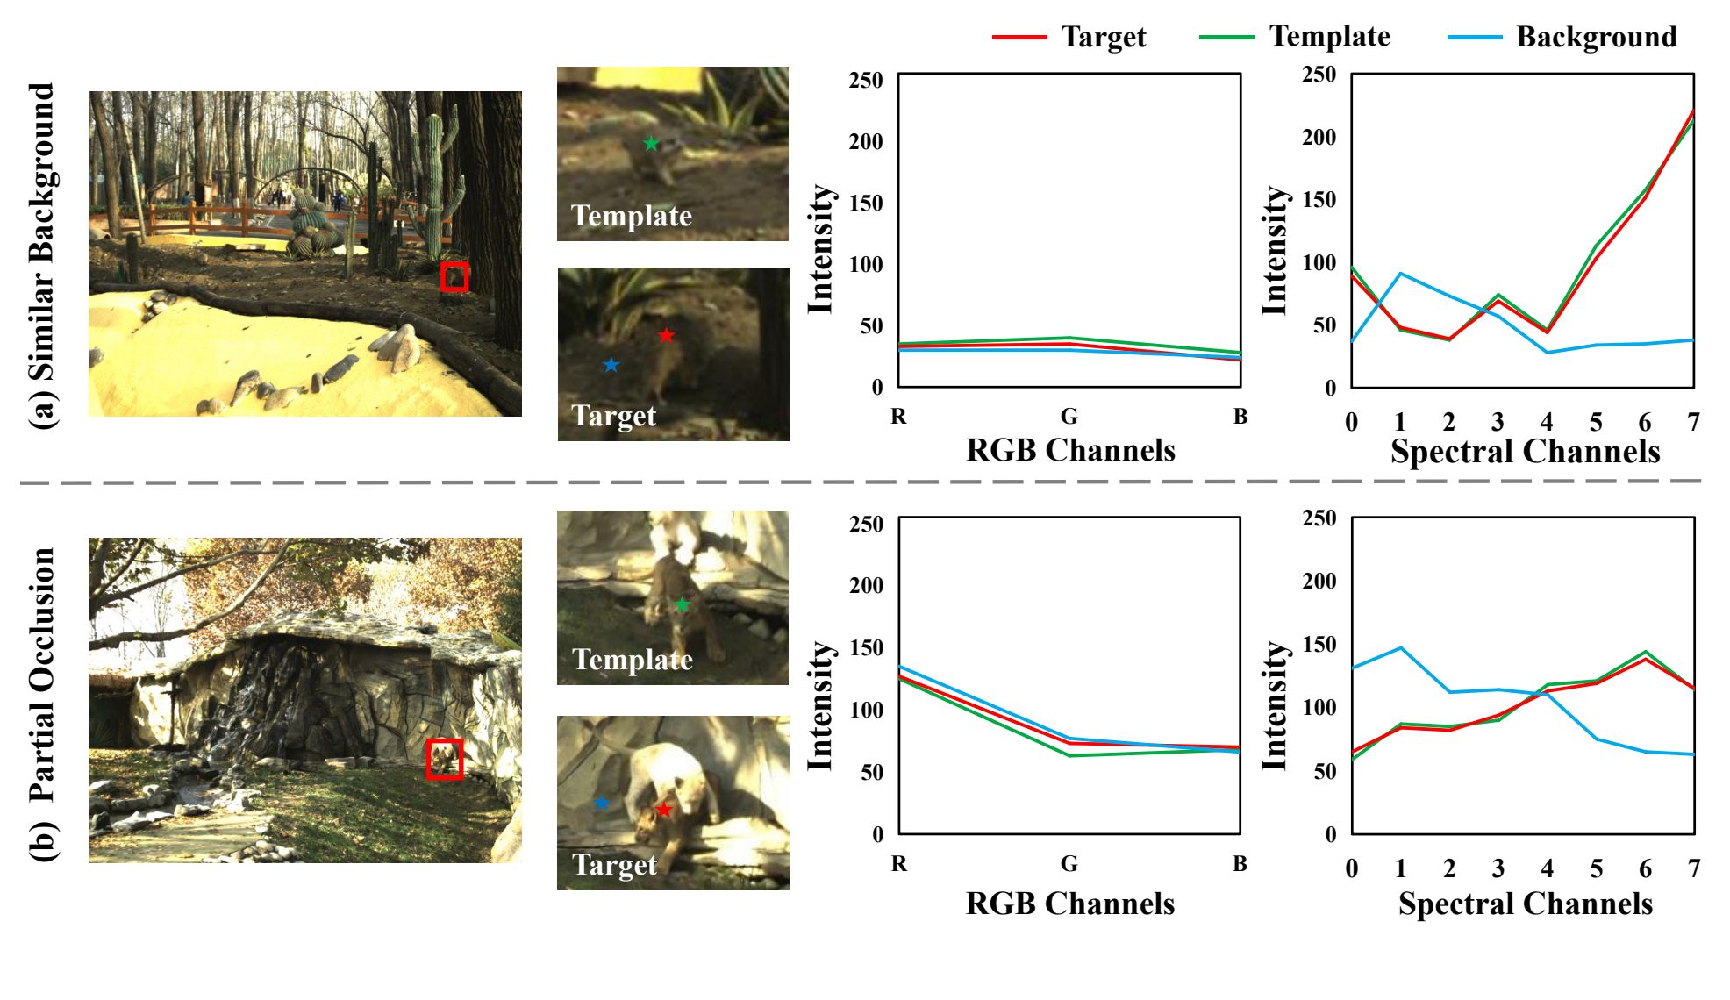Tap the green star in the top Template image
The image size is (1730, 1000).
click(651, 143)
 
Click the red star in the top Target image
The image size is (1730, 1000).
click(666, 335)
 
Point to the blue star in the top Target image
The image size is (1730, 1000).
click(611, 364)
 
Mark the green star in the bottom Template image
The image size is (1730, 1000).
click(682, 604)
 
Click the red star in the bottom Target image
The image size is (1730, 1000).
click(664, 810)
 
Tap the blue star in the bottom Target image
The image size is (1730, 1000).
click(602, 803)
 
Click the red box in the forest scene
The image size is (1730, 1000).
click(454, 276)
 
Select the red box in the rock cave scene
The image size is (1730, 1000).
click(444, 759)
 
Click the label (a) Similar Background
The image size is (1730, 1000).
click(42, 254)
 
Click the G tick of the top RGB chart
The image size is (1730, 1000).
click(1069, 416)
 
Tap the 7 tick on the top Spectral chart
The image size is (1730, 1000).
click(1693, 422)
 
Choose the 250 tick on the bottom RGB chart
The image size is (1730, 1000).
click(867, 524)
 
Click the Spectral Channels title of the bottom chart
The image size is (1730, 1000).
click(1525, 904)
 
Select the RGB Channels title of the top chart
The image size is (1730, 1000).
click(1070, 450)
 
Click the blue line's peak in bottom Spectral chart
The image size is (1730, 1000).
click(1400, 648)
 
